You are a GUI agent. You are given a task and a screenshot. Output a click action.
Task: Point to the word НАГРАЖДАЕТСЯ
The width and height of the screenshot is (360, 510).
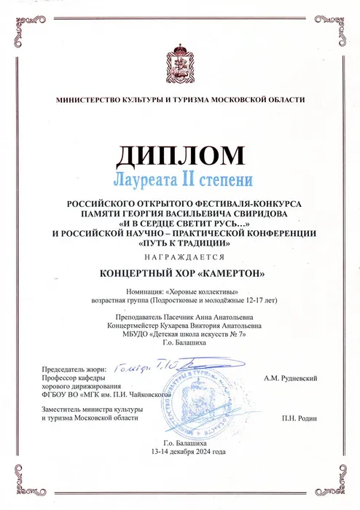coord(180,258)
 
